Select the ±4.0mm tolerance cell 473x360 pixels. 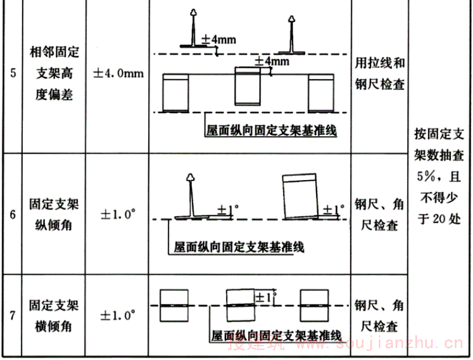click(118, 74)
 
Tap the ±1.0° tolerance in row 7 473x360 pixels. click(118, 314)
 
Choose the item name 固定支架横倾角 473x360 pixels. click(54, 315)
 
